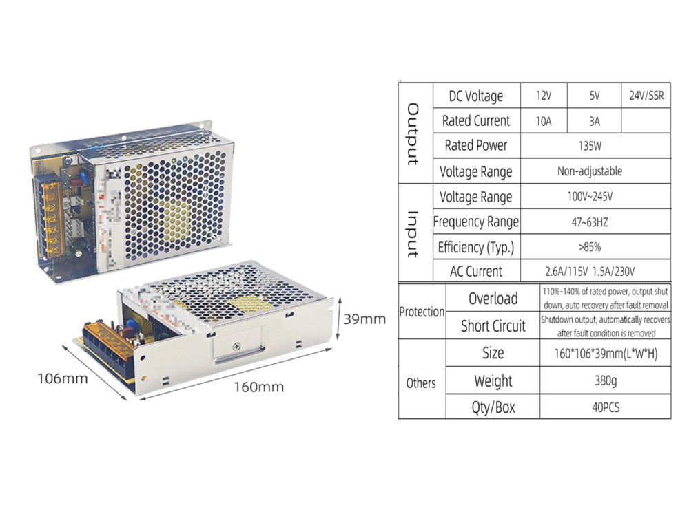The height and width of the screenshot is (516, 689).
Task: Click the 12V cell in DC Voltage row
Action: click(x=543, y=96)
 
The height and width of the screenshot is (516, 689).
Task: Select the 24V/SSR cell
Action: click(x=646, y=96)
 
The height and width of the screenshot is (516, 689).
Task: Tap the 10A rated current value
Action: click(x=543, y=121)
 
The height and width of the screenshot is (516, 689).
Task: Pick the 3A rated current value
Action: click(x=595, y=121)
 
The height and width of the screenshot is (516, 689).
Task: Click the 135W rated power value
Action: click(x=594, y=146)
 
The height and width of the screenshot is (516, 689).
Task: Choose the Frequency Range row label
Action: click(x=476, y=222)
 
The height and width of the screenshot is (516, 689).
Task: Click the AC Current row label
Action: click(x=476, y=271)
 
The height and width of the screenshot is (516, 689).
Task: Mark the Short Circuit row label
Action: click(x=493, y=326)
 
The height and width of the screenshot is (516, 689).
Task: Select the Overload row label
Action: click(x=493, y=299)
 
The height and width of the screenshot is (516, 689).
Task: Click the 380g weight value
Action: click(x=604, y=380)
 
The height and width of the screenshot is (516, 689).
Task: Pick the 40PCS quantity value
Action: click(x=604, y=407)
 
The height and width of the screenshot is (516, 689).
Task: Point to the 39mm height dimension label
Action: click(x=364, y=319)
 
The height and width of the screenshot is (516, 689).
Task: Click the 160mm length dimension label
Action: click(x=258, y=387)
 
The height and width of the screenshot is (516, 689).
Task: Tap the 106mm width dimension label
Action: click(x=62, y=378)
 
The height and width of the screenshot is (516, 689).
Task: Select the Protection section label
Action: click(x=422, y=312)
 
